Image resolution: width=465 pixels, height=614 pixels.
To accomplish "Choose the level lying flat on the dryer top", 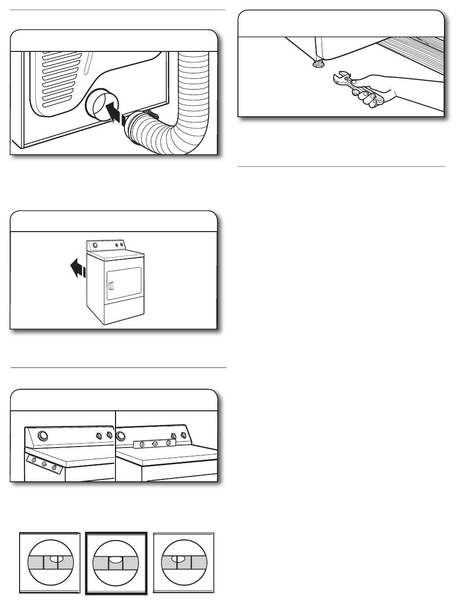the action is (x=154, y=444).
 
